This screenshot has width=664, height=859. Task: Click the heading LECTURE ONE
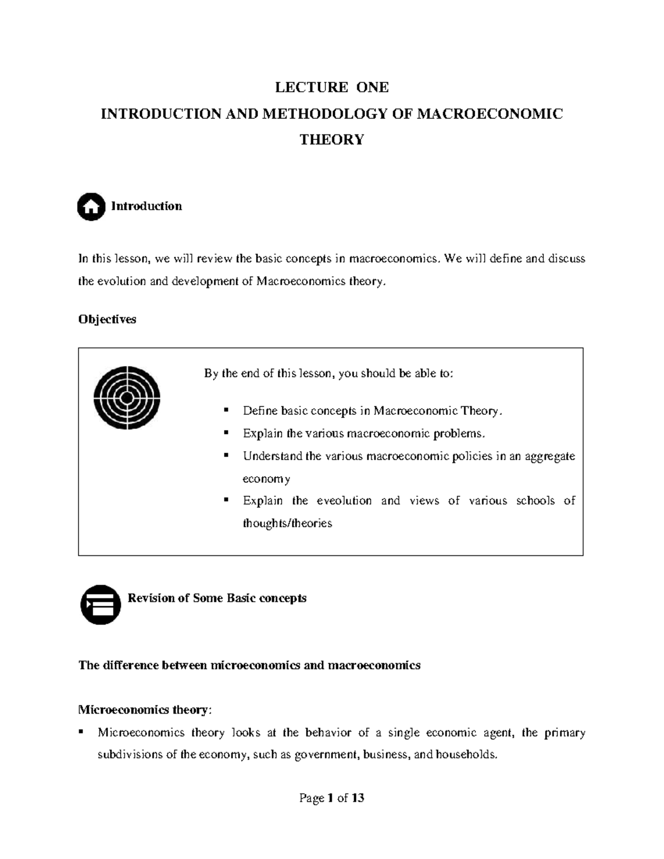tap(332, 87)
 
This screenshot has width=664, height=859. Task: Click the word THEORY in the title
tap(332, 139)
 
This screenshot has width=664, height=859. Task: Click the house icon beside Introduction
tap(91, 207)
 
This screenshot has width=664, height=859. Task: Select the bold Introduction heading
tap(147, 206)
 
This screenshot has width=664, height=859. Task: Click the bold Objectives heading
tap(107, 319)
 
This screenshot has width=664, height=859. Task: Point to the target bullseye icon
tap(127, 398)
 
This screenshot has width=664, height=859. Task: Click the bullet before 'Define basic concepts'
tap(226, 410)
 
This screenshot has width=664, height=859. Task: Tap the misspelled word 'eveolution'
tap(344, 501)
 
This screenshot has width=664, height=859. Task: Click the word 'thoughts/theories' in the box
tap(287, 523)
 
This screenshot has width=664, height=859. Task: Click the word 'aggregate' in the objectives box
tap(549, 456)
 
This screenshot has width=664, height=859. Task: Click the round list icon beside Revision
tap(101, 605)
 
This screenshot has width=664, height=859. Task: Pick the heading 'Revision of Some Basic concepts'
tap(217, 598)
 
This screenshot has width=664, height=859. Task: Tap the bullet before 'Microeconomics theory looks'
tap(81, 732)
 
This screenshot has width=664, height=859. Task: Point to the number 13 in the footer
tap(357, 798)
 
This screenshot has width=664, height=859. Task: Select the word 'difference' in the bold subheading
tap(129, 665)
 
